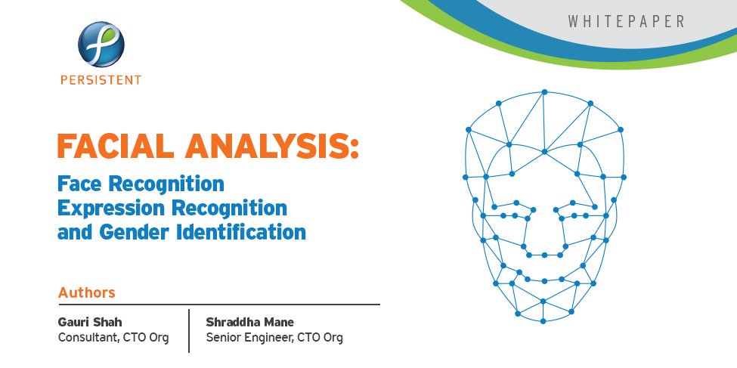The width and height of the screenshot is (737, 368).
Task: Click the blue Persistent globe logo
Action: [101, 45]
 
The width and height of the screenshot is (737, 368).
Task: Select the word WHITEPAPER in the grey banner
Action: [626, 22]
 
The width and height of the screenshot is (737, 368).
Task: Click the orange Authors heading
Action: [86, 292]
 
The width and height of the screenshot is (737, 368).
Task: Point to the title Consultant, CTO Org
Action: [113, 338]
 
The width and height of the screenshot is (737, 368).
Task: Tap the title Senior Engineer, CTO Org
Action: [274, 338]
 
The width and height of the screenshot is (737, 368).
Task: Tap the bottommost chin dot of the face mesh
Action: [543, 322]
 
